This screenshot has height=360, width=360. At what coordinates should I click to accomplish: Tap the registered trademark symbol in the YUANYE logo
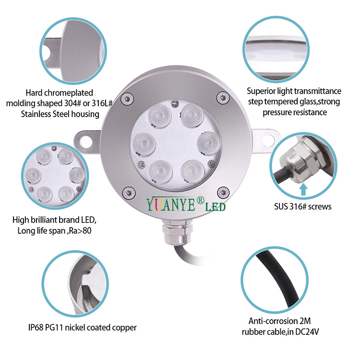coord(201,200)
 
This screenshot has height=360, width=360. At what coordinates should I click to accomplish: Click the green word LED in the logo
coord(215,207)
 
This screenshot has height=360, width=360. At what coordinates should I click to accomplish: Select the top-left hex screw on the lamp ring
coord(127,99)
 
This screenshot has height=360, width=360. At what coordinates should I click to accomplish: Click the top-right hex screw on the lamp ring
coord(222,97)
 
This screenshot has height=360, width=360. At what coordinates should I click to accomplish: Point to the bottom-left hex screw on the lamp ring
coord(129,193)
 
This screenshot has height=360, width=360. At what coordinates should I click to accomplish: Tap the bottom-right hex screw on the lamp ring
coord(223,192)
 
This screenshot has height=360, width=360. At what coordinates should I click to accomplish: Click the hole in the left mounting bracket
coord(86,141)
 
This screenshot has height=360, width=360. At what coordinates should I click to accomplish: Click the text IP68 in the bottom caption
coord(36,327)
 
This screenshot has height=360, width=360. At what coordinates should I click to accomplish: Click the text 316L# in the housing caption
coord(102,103)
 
